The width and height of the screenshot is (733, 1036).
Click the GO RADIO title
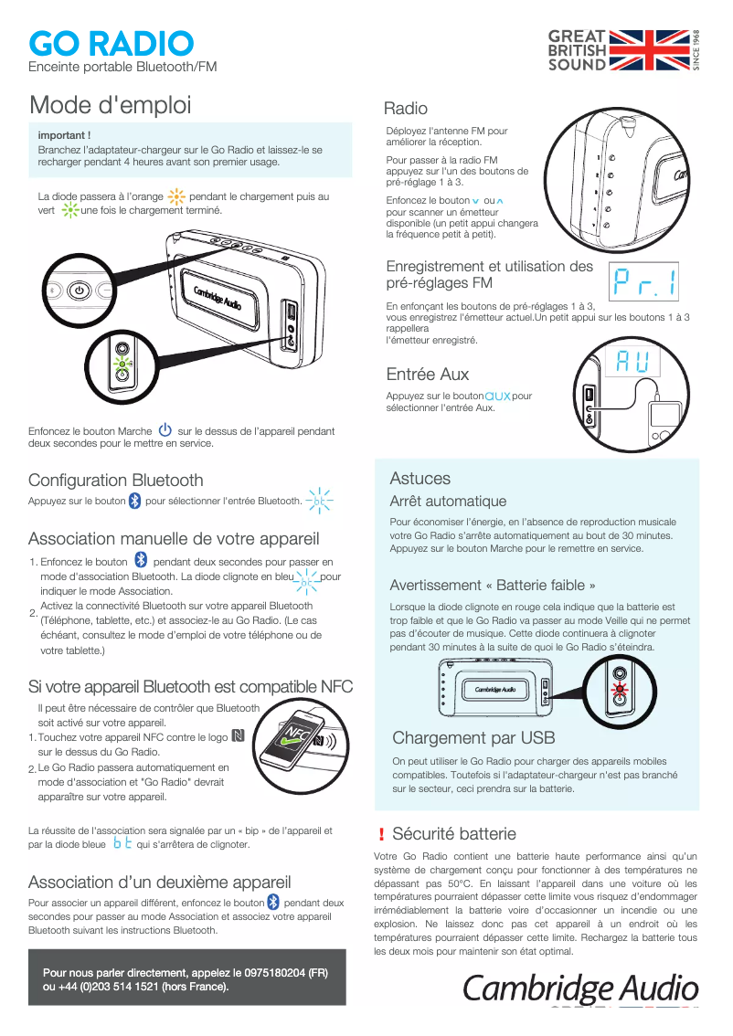pos(111,43)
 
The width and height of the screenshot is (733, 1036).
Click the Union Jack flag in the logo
pos(650,50)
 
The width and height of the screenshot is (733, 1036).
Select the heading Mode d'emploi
pos(111,105)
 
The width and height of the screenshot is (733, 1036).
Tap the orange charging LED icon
pos(176,196)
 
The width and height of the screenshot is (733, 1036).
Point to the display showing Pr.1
pos(644,283)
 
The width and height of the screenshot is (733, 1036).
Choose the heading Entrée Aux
pos(428,374)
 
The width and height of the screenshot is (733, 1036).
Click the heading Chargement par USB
pos(473,738)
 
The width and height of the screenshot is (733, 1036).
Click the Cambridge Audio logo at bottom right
pos(581,988)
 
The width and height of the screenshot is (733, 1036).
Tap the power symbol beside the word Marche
pos(165,430)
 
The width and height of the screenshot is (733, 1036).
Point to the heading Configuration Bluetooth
pos(116,480)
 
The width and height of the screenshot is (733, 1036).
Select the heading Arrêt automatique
pos(448,502)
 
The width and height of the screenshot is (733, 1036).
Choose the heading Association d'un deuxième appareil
pos(160,882)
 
